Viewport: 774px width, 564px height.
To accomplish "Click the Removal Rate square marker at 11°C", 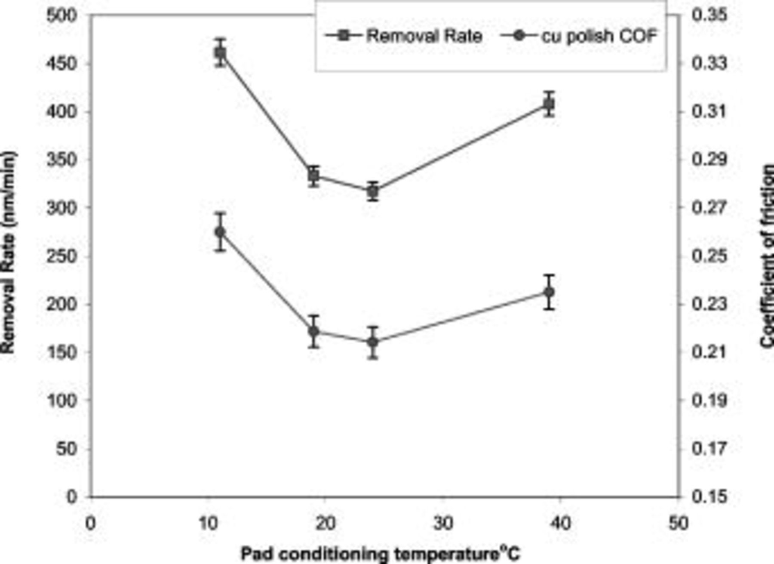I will pos(220,52).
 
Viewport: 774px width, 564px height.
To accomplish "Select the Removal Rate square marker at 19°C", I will pos(314,176).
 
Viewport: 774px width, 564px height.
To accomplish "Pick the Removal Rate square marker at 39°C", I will pos(549,104).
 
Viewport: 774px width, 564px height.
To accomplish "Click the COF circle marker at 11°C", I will pos(220,232).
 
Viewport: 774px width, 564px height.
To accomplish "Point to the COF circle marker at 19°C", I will pos(314,331).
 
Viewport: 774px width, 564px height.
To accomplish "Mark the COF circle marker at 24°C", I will pos(373,342).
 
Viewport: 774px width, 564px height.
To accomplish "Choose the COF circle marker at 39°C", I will pos(549,292).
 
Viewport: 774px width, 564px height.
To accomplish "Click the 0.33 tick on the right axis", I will pos(709,64).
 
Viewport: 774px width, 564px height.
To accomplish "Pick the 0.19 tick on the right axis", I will pos(709,401).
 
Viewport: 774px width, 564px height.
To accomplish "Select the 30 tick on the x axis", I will pos(442,524).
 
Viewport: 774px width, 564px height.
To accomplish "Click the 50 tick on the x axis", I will pos(678,524).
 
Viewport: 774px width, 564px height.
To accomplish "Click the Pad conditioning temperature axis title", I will pos(380,554).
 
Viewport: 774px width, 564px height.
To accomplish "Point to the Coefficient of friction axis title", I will pos(766,256).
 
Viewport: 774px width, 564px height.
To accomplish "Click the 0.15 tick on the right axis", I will pos(709,497).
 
